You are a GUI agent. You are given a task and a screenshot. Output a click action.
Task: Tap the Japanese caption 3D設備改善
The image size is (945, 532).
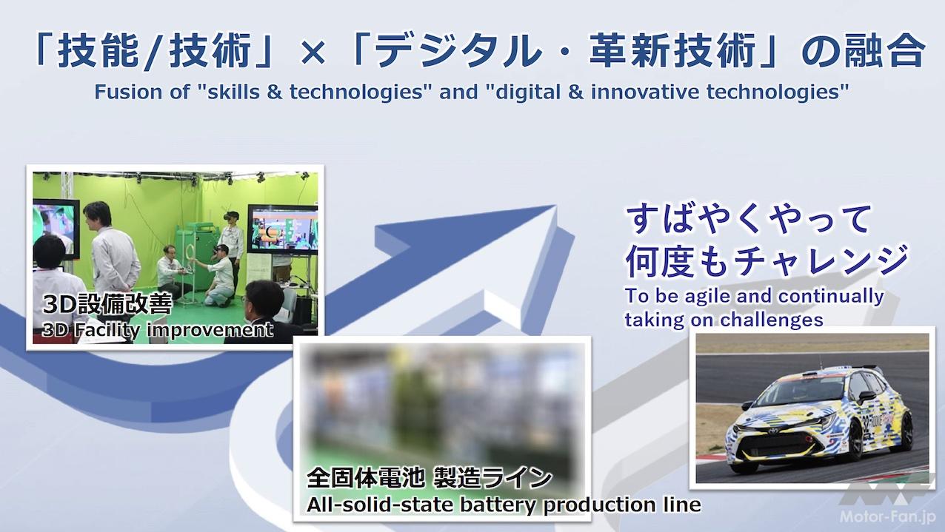108,303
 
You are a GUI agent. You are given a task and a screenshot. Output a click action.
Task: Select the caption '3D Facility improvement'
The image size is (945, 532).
157,330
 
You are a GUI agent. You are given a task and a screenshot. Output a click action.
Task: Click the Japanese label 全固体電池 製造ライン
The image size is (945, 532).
429,478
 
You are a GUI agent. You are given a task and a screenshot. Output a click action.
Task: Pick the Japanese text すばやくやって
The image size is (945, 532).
747,220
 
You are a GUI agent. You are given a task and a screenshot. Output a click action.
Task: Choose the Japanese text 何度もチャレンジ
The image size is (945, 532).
766,261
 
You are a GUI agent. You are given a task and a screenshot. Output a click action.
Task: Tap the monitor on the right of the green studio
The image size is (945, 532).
282,229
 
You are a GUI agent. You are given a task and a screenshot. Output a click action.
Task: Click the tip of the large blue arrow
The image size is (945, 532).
555,206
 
